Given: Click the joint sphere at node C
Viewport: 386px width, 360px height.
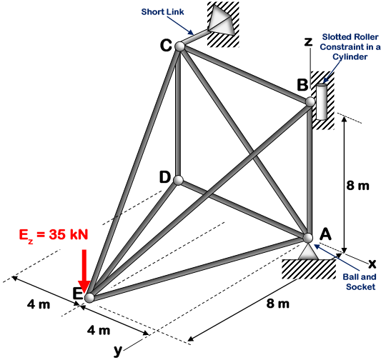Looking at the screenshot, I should coord(179,46).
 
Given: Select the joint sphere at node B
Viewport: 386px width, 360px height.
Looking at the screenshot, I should coord(310,102).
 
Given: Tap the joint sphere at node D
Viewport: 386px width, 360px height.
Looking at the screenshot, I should coord(178,180).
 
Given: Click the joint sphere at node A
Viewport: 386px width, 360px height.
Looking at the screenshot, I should coord(308,238).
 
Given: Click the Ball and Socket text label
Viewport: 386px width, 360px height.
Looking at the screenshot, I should coord(360,281).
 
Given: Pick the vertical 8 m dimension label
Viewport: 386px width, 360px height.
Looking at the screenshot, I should coord(357,186).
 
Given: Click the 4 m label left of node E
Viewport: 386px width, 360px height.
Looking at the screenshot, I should coord(39,304).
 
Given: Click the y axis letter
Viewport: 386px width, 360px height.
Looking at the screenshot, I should coord(119,349).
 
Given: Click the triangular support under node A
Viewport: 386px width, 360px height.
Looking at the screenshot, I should coord(308,251).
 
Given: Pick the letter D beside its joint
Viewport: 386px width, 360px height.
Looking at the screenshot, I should coord(164,176).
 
